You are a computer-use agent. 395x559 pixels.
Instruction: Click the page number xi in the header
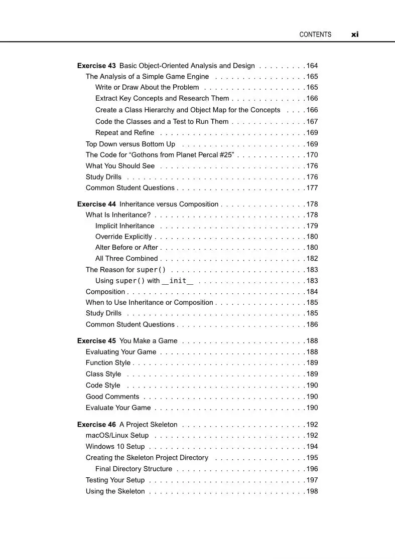pos(355,35)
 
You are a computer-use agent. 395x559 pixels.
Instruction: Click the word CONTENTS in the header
pos(315,35)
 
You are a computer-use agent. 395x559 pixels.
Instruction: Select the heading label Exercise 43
pos(96,66)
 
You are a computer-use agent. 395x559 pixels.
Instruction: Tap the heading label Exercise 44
pos(96,204)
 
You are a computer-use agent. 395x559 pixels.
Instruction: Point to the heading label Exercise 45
pos(96,341)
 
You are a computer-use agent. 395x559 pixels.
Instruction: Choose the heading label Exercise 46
pos(96,425)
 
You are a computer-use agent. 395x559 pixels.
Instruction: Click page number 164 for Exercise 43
pos(312,66)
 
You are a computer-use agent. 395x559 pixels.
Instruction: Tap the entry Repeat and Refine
pos(125,133)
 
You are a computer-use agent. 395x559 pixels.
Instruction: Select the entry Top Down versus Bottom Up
pos(130,144)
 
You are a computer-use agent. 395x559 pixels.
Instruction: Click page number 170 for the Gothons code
pos(312,155)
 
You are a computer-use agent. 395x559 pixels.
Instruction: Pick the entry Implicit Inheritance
pos(125,226)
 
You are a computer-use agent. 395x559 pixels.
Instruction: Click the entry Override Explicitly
pos(123,237)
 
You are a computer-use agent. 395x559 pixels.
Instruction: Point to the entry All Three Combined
pos(126,259)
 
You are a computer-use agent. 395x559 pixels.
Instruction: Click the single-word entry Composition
pos(105,292)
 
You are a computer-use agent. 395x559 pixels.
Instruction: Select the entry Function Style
pos(108,363)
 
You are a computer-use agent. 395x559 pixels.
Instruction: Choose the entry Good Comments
pos(112,397)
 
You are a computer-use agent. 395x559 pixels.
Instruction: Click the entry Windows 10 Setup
pos(115,447)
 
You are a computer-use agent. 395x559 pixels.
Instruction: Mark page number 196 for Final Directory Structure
pos(312,469)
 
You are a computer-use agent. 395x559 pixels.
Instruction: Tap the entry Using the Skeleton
pos(115,491)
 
